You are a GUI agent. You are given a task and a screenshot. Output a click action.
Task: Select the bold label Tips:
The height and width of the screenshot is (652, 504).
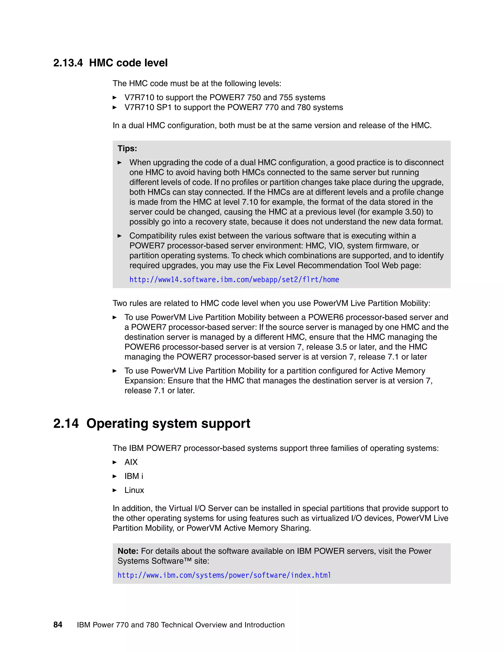(127, 148)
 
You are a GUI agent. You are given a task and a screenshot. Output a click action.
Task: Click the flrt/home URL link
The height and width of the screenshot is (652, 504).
(234, 280)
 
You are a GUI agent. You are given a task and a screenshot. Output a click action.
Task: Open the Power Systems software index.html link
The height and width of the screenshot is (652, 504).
(224, 575)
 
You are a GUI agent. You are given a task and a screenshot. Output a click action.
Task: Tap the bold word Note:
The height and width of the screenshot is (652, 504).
(128, 551)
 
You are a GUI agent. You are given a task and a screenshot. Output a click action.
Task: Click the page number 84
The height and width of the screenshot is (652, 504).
(58, 625)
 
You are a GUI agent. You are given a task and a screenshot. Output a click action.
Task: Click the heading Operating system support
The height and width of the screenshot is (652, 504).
(168, 424)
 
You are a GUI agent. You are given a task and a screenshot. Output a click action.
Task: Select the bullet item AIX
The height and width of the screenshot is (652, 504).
(131, 462)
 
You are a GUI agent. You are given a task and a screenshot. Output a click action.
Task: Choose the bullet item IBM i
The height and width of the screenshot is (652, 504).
(133, 476)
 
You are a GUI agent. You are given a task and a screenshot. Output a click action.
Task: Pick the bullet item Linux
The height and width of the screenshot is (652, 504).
(134, 490)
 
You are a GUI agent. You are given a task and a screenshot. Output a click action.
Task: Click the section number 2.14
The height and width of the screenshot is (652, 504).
(66, 424)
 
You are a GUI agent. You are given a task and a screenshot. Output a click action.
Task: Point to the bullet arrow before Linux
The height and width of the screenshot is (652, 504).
(115, 490)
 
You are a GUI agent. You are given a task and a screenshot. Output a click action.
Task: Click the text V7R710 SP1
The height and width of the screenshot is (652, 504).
(148, 108)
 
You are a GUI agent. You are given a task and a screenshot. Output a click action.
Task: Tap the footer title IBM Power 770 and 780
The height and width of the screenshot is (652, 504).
(118, 625)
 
